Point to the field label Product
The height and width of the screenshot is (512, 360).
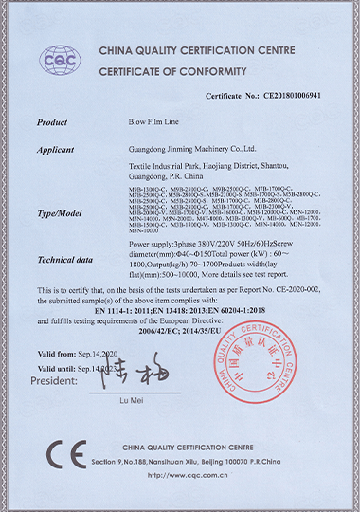pyautogui.click(x=52, y=123)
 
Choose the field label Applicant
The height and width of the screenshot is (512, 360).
pyautogui.click(x=55, y=149)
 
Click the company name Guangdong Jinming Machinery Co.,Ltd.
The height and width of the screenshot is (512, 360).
pyautogui.click(x=193, y=149)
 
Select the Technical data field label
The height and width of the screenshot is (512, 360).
pyautogui.click(x=64, y=257)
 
